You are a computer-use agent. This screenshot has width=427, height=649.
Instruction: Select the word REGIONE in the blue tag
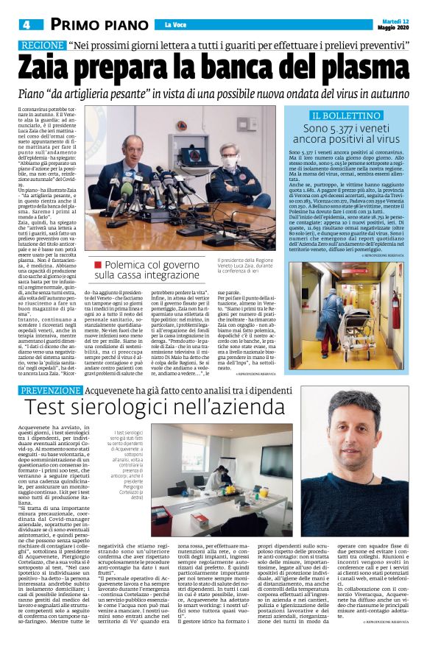[x=41, y=46]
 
